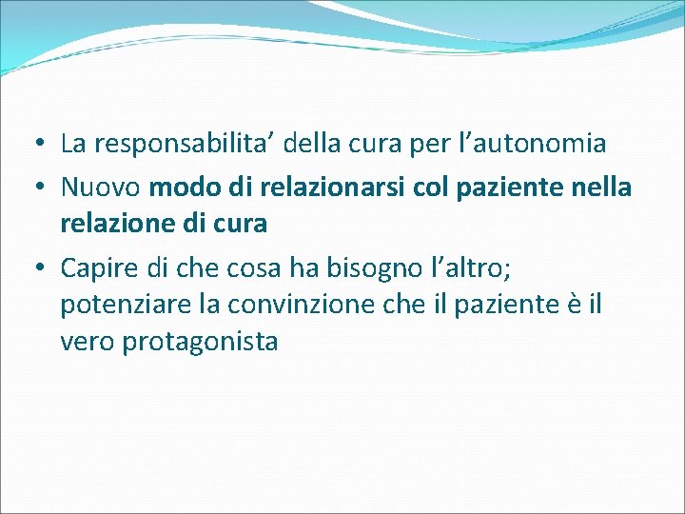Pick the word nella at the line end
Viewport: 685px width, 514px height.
pos(601,188)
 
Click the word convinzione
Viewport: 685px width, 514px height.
pos(316,305)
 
